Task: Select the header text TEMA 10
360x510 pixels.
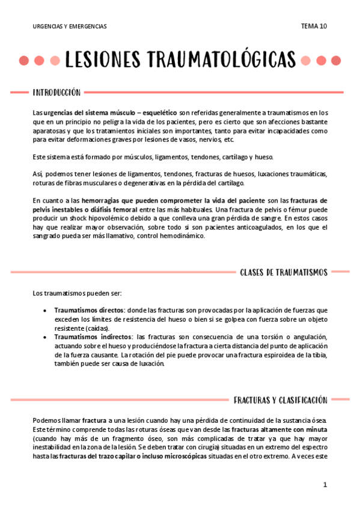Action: click(x=314, y=26)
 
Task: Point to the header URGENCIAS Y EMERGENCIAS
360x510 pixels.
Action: click(x=70, y=26)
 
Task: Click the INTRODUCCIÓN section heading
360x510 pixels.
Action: click(x=56, y=93)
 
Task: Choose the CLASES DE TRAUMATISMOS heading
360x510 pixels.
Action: click(x=283, y=272)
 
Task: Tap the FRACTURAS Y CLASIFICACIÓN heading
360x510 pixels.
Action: click(x=280, y=400)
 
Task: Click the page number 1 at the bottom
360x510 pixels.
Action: click(x=325, y=484)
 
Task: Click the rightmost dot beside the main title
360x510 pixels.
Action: click(x=336, y=61)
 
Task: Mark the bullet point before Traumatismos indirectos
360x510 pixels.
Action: click(x=45, y=337)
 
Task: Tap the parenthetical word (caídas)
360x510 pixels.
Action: click(x=96, y=328)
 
